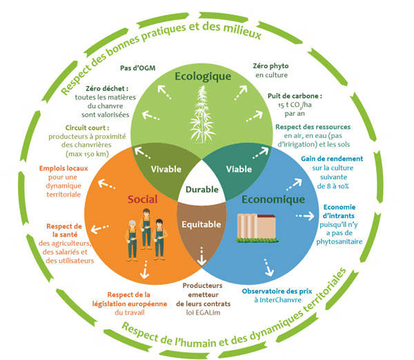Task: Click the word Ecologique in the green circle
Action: click(x=201, y=76)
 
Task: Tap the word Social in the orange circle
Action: click(x=143, y=199)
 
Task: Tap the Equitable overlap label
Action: click(x=201, y=224)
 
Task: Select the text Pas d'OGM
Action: click(x=135, y=68)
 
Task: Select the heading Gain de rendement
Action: click(x=330, y=159)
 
